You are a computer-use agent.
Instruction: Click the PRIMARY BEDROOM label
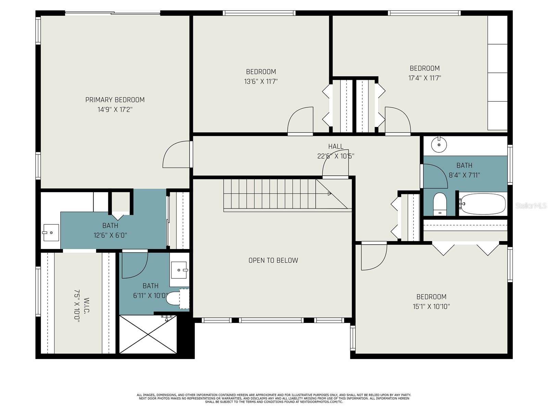pos(115,100)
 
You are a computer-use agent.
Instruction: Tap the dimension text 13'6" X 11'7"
pos(261,82)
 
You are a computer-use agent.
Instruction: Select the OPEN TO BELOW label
pos(273,260)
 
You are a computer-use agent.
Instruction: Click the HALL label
pos(336,147)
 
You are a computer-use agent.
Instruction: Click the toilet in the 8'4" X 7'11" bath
pos(440,204)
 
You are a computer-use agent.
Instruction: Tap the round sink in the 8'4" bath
pos(439,145)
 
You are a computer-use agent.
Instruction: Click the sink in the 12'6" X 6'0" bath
pos(51,233)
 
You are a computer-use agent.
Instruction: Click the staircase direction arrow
pos(329,194)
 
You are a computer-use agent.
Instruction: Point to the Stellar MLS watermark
pos(531,206)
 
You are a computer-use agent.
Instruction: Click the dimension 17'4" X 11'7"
pos(424,78)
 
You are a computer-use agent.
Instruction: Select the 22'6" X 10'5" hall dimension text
pos(336,156)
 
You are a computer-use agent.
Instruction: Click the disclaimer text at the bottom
pos(274,398)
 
